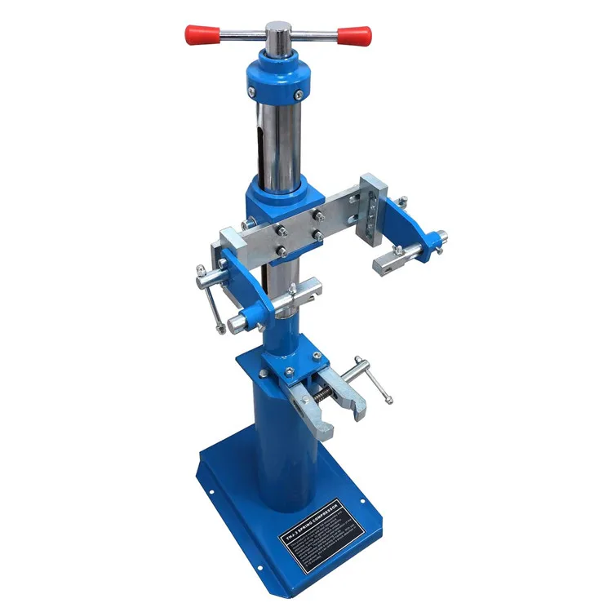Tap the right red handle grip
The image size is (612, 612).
[x=357, y=36]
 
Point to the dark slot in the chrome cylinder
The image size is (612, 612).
[x=259, y=151]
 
